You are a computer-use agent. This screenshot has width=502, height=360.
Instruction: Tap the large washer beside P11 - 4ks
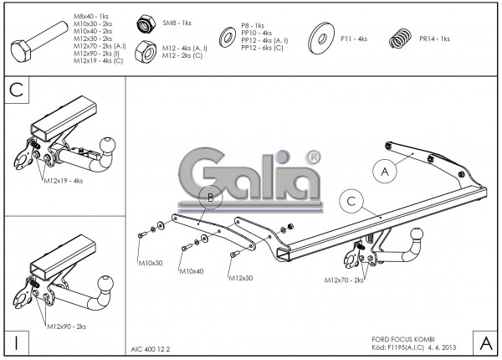322,39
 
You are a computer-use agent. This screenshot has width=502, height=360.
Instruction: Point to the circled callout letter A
385,172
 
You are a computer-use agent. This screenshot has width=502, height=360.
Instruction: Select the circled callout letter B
212,198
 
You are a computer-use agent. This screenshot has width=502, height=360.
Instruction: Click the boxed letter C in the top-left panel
17,90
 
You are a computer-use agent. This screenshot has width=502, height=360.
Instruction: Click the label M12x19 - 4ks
65,181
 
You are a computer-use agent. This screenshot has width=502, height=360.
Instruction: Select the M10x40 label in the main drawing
192,270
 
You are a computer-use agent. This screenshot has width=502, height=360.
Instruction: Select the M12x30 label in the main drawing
239,279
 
